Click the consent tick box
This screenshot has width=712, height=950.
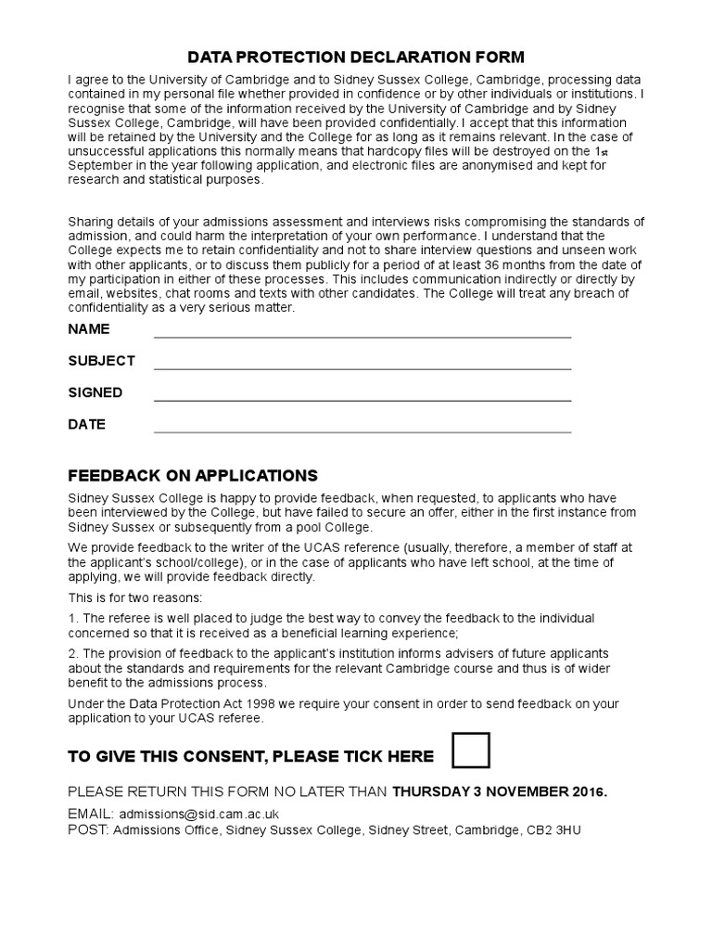(471, 750)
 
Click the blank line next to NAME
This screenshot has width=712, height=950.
(362, 336)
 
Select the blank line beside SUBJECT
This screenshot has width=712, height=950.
(362, 367)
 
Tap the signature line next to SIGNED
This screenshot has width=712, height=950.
(362, 400)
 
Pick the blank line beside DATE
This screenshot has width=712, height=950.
(362, 431)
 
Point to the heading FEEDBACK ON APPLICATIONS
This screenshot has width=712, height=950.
(193, 476)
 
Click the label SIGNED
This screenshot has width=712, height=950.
(95, 392)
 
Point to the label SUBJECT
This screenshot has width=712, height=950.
(102, 361)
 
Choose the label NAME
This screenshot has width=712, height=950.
(89, 329)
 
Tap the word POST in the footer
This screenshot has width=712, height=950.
(87, 829)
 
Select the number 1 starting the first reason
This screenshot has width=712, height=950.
(71, 619)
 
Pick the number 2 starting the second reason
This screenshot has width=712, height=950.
(71, 653)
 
